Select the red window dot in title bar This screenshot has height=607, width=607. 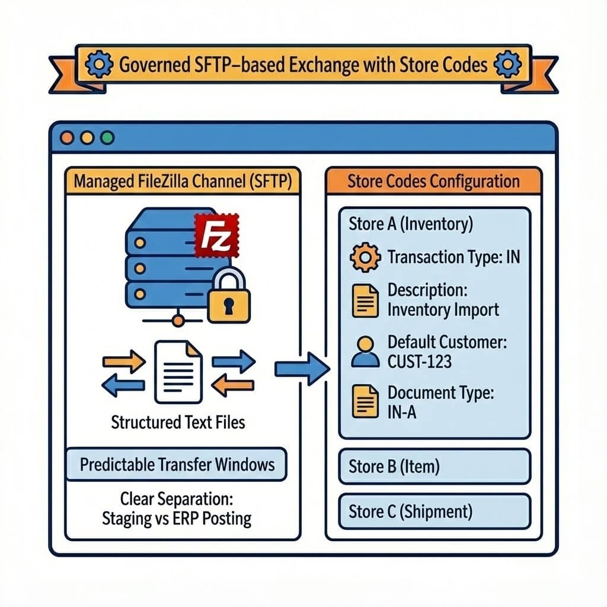pos(67,138)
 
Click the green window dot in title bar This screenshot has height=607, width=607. pos(107,138)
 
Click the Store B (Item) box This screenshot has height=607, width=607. pos(434,467)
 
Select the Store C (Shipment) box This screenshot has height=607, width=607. pos(434,512)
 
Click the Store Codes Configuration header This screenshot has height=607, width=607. pos(433,181)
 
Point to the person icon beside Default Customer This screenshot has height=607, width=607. pos(364,352)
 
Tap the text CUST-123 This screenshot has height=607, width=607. pos(419,361)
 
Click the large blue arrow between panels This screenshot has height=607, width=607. pos(302,369)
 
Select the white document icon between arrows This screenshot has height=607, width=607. pos(178,370)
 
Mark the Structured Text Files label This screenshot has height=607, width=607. pos(178,422)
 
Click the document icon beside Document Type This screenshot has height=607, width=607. pos(364,401)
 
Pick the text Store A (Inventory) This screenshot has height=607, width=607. pos(410,224)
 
